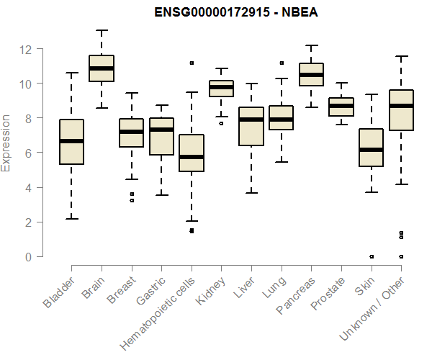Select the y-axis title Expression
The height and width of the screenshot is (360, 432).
6,142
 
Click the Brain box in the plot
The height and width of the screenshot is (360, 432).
101,68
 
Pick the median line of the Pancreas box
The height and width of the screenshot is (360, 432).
311,74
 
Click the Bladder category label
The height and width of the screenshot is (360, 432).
59,292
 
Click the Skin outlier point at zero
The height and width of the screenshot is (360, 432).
371,256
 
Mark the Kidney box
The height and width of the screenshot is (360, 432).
221,88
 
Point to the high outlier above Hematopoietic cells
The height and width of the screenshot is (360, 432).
192,63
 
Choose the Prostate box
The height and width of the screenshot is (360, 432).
341,107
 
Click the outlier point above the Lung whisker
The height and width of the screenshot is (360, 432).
282,63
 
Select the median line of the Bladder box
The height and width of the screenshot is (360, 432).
71,141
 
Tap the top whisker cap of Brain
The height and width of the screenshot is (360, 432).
101,31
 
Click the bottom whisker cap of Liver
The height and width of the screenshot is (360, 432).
251,193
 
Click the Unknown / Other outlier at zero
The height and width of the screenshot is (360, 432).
401,256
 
